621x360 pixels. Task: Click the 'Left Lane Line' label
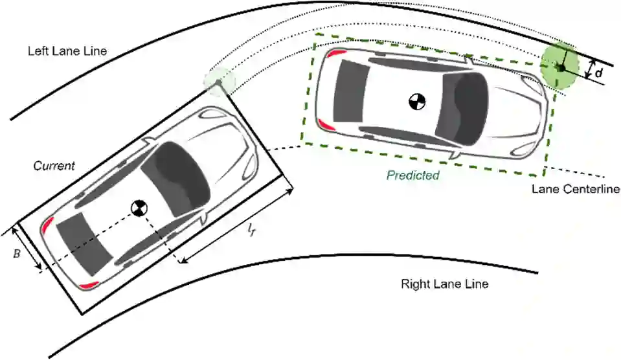click(x=68, y=51)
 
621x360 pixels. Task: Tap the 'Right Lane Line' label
click(x=444, y=284)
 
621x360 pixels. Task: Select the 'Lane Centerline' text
click(x=576, y=189)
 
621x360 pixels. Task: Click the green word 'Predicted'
click(x=413, y=175)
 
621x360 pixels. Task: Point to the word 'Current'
click(x=54, y=166)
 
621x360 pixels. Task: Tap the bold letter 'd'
click(x=599, y=73)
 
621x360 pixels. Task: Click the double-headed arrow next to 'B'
click(x=27, y=248)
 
